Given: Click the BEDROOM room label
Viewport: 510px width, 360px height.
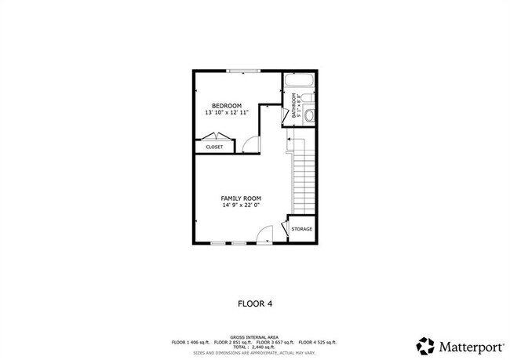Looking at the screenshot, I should (227, 106).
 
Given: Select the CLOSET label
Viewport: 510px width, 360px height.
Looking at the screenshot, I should (214, 147).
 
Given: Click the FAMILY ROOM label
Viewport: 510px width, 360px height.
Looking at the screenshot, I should (240, 198).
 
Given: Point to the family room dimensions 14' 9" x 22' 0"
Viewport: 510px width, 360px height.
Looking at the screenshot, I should (240, 206).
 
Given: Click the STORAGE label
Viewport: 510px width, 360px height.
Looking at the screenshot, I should (302, 229).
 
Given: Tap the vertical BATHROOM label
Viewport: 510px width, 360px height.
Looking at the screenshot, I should (294, 106).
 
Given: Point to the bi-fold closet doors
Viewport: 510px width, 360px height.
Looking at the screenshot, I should (214, 137).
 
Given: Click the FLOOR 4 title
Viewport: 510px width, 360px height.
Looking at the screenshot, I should (254, 302).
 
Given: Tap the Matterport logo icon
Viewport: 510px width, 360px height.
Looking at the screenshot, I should (424, 345).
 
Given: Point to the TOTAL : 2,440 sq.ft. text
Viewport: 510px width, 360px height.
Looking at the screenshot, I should (255, 346).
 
